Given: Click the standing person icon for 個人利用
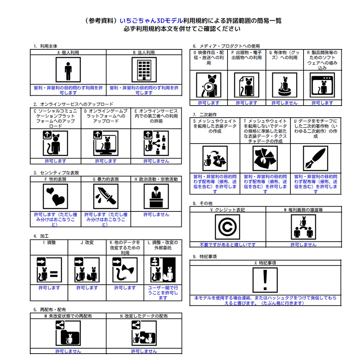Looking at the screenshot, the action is pyautogui.click(x=68, y=70).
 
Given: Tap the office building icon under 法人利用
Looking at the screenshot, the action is pyautogui.click(x=144, y=70).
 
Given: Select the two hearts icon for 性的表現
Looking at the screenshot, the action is pyautogui.click(x=55, y=197).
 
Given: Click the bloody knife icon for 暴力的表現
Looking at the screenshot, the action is pyautogui.click(x=106, y=197).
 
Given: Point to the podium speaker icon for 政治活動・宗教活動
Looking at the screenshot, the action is pyautogui.click(x=156, y=197).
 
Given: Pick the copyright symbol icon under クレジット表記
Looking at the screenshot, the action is pyautogui.click(x=227, y=227).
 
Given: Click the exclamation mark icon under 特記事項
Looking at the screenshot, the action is pyautogui.click(x=265, y=280).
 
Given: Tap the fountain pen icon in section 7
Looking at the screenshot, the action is pyautogui.click(x=315, y=158).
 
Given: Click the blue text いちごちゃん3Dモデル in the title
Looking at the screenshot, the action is pyautogui.click(x=151, y=21).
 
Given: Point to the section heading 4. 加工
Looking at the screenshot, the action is pyautogui.click(x=41, y=236).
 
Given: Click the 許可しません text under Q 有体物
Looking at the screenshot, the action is pyautogui.click(x=284, y=103).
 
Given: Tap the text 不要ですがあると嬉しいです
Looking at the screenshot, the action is pyautogui.click(x=227, y=245).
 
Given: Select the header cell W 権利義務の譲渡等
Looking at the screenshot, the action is pyautogui.click(x=304, y=210).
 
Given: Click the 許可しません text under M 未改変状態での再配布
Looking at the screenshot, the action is pyautogui.click(x=68, y=351).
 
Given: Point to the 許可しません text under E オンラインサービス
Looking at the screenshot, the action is pyautogui.click(x=156, y=161).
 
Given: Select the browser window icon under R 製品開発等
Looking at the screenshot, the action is pyautogui.click(x=322, y=85).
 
